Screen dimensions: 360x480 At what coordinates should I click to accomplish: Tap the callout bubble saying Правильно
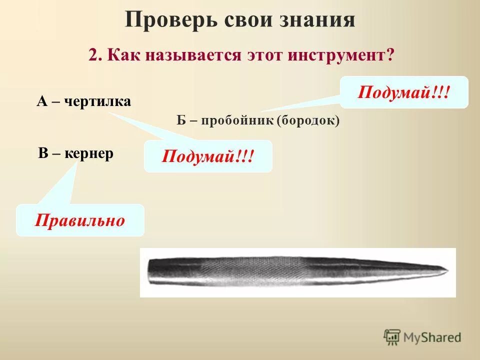[80, 220]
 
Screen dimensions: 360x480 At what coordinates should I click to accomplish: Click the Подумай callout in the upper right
[404, 92]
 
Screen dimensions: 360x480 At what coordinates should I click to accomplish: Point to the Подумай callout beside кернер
[208, 156]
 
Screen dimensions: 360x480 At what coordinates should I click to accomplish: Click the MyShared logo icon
[392, 337]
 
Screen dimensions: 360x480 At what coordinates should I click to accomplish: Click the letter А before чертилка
[41, 101]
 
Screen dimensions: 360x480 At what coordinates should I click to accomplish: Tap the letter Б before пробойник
[181, 120]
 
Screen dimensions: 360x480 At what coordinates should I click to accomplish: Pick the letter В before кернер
[43, 153]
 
